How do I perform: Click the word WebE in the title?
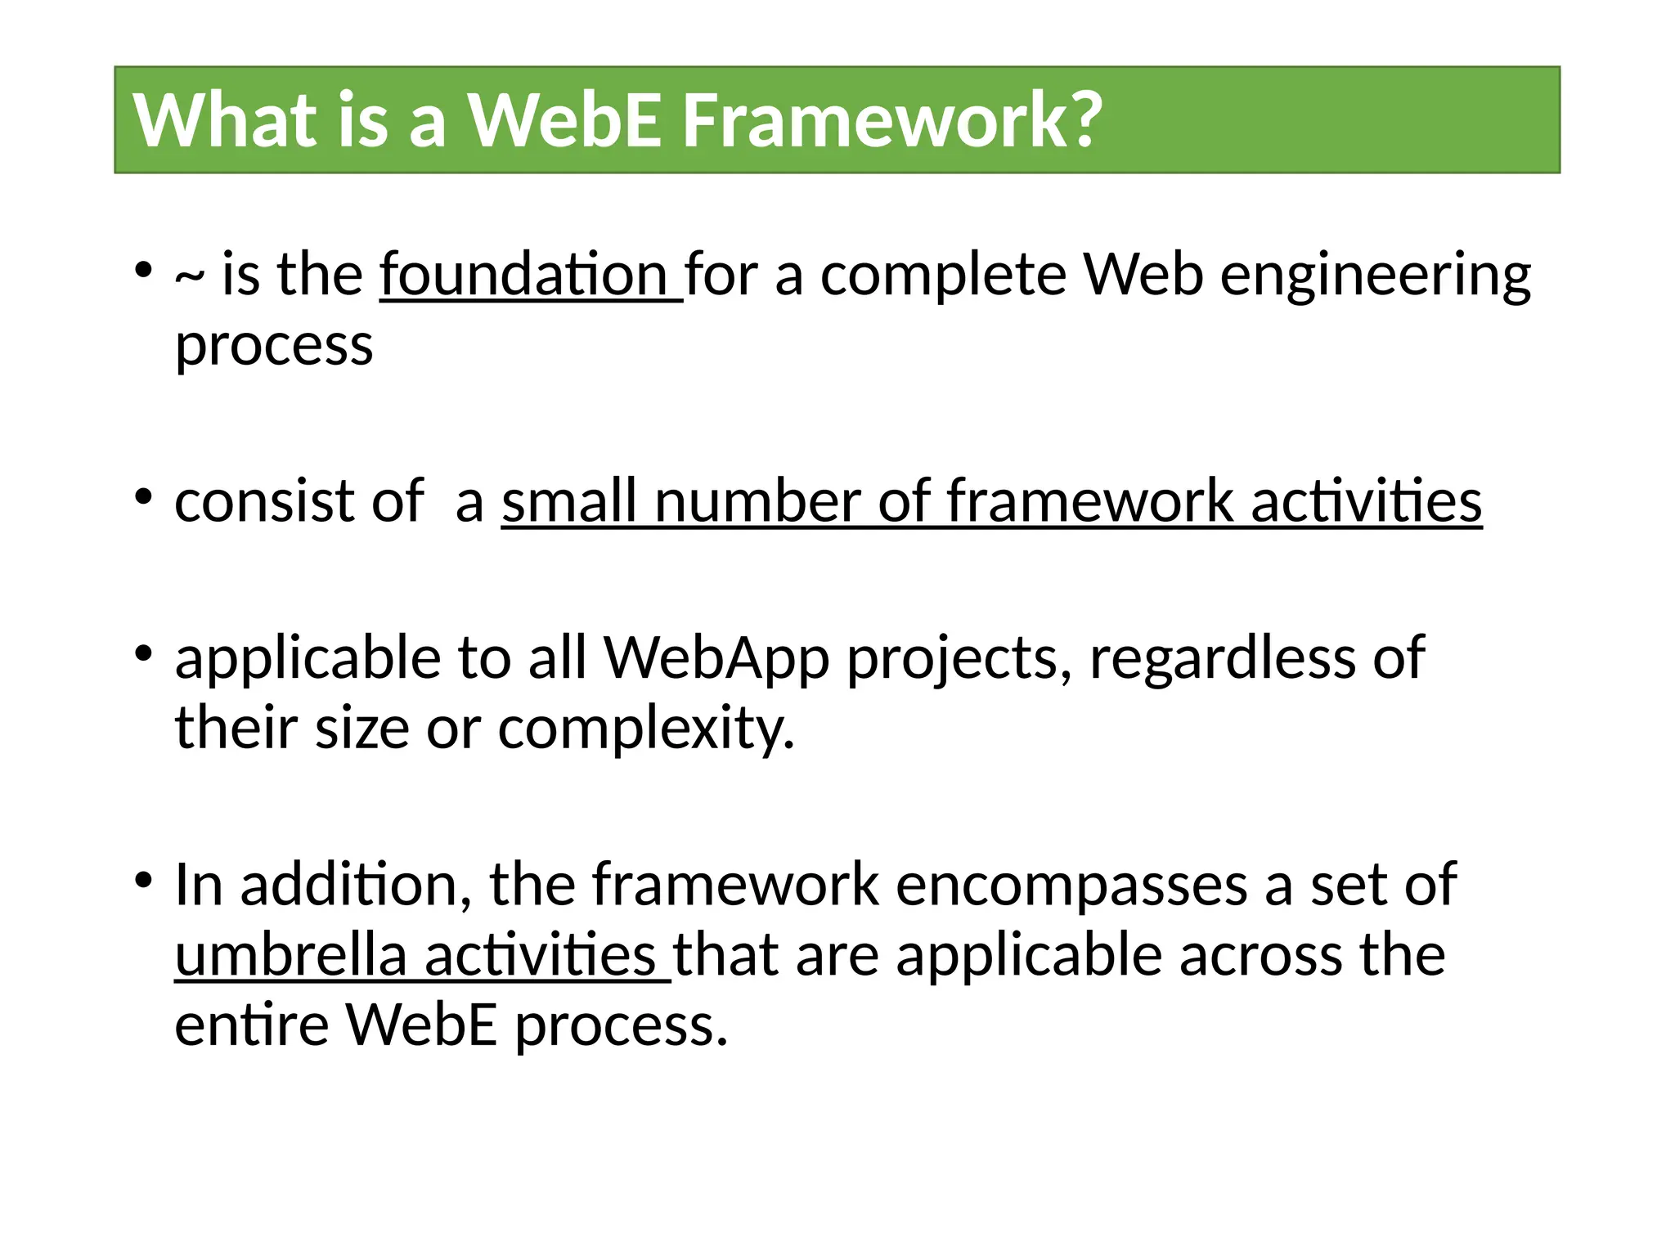pyautogui.click(x=564, y=120)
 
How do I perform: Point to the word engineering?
pyautogui.click(x=1375, y=276)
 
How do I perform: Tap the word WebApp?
pyautogui.click(x=716, y=657)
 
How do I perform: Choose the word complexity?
pyautogui.click(x=646, y=728)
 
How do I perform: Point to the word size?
pyautogui.click(x=361, y=728)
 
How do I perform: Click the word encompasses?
pyautogui.click(x=1071, y=885)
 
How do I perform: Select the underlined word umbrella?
pyautogui.click(x=291, y=955)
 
